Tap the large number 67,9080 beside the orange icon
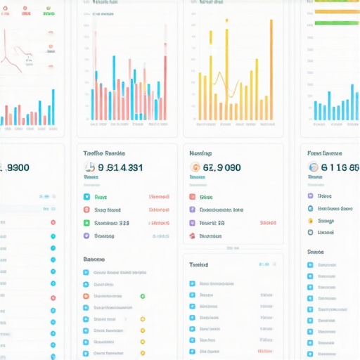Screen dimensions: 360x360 pyautogui.click(x=221, y=167)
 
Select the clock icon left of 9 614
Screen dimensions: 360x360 pyautogui.click(x=89, y=167)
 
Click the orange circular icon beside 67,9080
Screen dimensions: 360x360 pyautogui.click(x=195, y=167)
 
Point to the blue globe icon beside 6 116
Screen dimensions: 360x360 pyautogui.click(x=314, y=167)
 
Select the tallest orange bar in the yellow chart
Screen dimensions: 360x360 pyautogui.click(x=227, y=70)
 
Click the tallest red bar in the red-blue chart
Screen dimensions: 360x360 pyautogui.click(x=165, y=84)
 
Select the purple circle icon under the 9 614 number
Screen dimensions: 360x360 pyautogui.click(x=86, y=236)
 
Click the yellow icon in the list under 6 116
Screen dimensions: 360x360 pyautogui.click(x=311, y=221)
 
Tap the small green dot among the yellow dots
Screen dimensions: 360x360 pyautogui.click(x=142, y=297)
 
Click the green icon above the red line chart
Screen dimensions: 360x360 pyautogui.click(x=48, y=13)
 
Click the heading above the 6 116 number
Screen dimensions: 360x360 pyautogui.click(x=325, y=153)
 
